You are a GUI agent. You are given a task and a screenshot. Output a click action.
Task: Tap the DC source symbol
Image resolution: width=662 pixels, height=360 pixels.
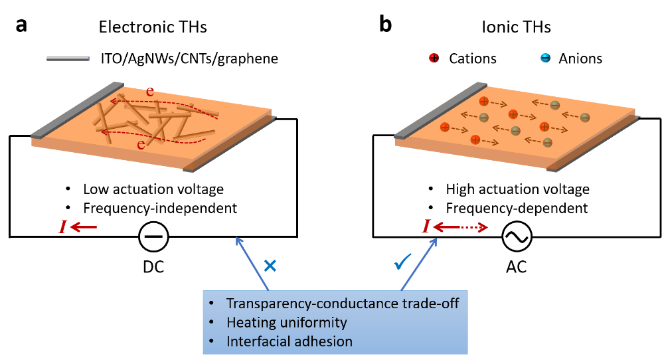[153, 236]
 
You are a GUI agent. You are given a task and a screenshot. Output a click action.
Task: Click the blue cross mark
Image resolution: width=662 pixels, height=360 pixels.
[270, 266]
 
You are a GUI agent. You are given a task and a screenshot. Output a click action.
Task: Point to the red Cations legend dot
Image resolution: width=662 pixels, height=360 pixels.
[434, 58]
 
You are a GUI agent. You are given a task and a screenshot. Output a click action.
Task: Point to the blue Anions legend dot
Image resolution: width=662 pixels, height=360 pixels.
[544, 58]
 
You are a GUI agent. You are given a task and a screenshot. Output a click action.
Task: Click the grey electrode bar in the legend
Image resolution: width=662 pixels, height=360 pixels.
[68, 59]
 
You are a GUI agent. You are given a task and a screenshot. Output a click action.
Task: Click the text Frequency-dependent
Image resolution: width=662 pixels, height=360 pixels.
[517, 208]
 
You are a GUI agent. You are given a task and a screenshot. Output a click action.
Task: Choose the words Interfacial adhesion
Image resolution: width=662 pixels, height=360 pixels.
[289, 341]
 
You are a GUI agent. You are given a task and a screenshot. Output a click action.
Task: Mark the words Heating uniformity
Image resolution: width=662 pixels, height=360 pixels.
[286, 323]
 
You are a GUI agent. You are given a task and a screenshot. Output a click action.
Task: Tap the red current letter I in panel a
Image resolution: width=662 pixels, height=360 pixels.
[62, 228]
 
